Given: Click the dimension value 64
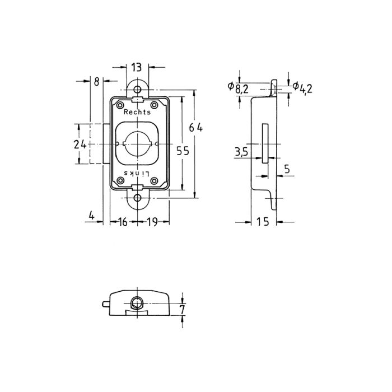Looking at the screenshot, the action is pos(196,128).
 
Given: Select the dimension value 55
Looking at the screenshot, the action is pos(183,151).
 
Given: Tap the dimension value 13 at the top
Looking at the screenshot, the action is pos(137,67).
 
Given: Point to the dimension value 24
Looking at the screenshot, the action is pos(80,144).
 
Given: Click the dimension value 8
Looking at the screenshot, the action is pos(96,81).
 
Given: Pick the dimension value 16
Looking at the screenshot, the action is pos(123,222).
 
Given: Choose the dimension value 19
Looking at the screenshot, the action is pos(152,222).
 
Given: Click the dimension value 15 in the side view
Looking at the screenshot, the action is pos(263,222).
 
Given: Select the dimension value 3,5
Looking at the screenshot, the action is pos(241,152).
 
